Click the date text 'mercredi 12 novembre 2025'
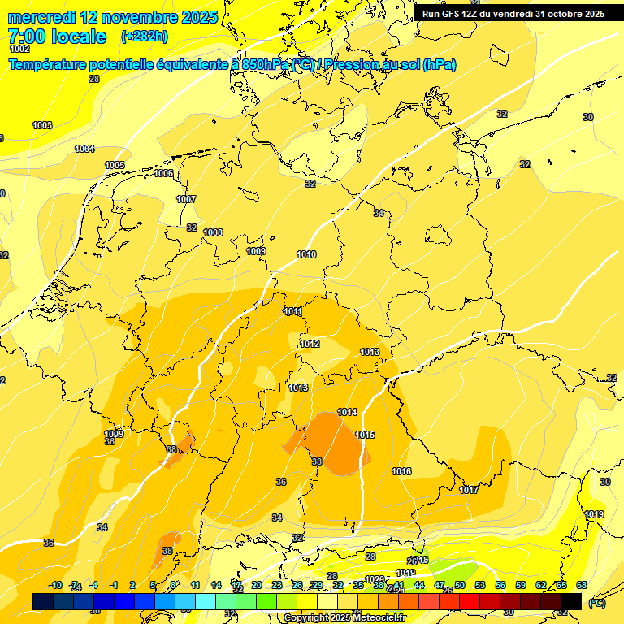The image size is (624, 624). tap(112, 17)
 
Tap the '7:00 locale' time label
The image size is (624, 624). tap(56, 37)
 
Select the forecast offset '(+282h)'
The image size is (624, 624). tap(145, 37)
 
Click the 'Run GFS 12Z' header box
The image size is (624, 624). tap(513, 14)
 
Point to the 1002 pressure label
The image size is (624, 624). tap(19, 50)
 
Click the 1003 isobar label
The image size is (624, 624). tap(42, 125)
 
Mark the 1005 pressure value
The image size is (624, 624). tap(115, 165)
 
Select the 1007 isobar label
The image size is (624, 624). tap(186, 199)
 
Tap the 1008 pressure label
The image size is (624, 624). tap(213, 232)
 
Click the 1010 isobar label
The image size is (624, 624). tap(306, 254)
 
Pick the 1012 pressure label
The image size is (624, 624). tap(310, 344)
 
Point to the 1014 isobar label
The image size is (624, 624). tap(347, 412)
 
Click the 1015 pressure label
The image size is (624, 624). tap(365, 435)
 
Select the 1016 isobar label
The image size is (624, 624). tap(401, 471)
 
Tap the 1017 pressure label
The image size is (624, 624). tap(469, 490)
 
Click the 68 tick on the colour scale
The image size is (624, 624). tap(582, 585)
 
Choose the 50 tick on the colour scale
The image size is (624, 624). tap(460, 585)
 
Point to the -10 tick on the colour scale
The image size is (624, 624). tap(55, 585)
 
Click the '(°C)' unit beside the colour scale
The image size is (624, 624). tap(597, 602)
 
